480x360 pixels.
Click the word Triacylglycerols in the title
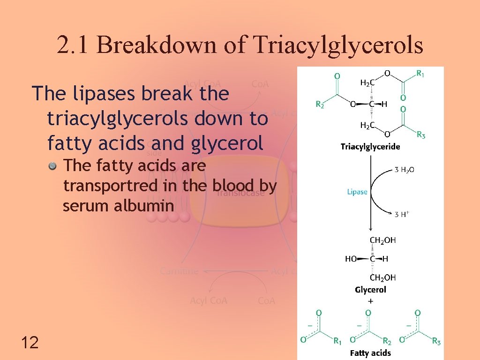pyautogui.click(x=337, y=45)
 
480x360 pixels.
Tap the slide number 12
pyautogui.click(x=30, y=343)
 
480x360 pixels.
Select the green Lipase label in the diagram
pyautogui.click(x=357, y=192)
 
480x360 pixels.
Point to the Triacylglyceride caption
pyautogui.click(x=370, y=147)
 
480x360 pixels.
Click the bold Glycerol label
pyautogui.click(x=370, y=290)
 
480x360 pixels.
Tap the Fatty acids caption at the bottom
pyautogui.click(x=370, y=352)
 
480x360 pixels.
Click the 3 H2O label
pyautogui.click(x=404, y=170)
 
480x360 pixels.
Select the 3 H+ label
pyautogui.click(x=402, y=214)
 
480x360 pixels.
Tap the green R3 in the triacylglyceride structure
pyautogui.click(x=421, y=135)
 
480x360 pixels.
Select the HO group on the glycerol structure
pyautogui.click(x=351, y=259)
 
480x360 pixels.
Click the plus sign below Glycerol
pyautogui.click(x=371, y=300)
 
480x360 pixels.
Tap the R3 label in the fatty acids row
pyautogui.click(x=435, y=342)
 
